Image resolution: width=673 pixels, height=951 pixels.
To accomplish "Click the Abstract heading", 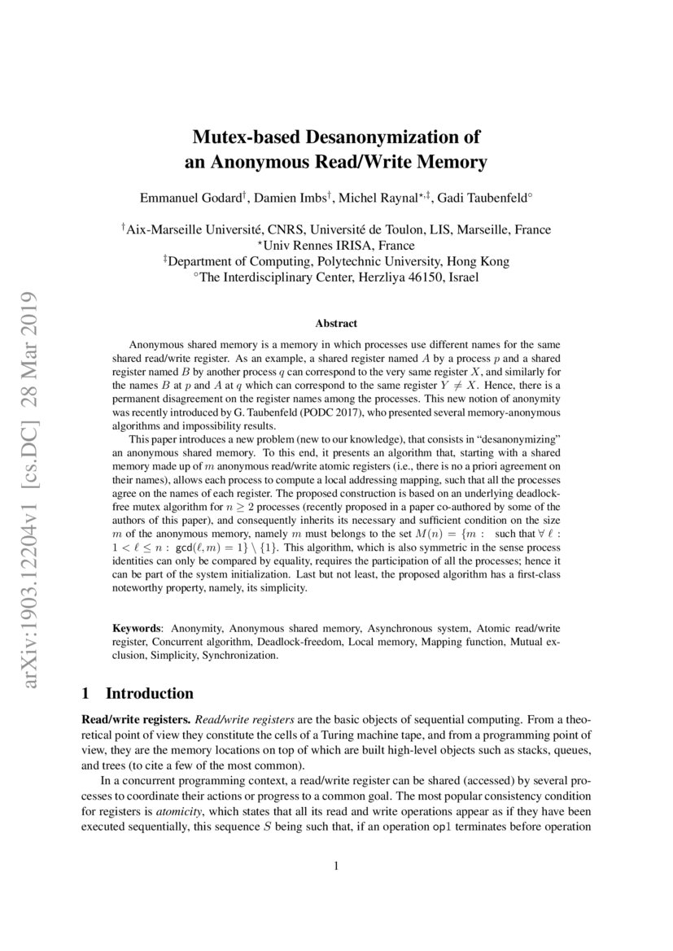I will (336, 324).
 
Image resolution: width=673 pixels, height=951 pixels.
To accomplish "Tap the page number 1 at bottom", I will (336, 866).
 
